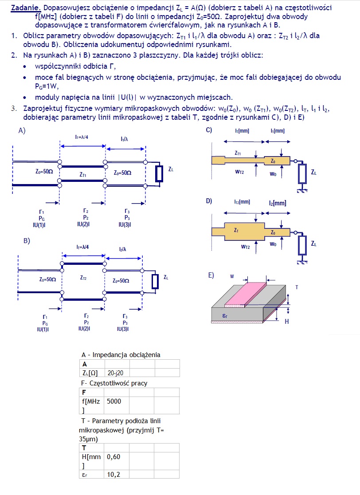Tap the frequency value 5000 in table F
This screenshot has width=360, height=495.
tap(114, 401)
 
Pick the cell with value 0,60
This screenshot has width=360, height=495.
tap(113, 456)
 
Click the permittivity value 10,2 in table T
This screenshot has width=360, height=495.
tap(113, 474)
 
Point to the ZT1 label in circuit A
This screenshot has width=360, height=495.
tap(83, 175)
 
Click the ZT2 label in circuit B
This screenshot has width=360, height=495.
tap(83, 278)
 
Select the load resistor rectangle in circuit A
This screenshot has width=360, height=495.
tap(158, 174)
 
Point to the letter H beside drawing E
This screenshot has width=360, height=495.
tap(286, 321)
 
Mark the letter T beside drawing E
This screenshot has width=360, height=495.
tap(297, 287)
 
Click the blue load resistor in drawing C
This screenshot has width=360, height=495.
tap(302, 173)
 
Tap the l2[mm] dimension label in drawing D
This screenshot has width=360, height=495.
tap(278, 203)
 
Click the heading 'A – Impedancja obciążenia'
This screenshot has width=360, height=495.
tap(121, 354)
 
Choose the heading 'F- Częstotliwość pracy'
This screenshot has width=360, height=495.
tap(114, 383)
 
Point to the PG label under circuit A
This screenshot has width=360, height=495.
tap(41, 218)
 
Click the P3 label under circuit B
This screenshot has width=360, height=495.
tap(123, 322)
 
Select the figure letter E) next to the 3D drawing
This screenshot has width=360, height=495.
tap(211, 275)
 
